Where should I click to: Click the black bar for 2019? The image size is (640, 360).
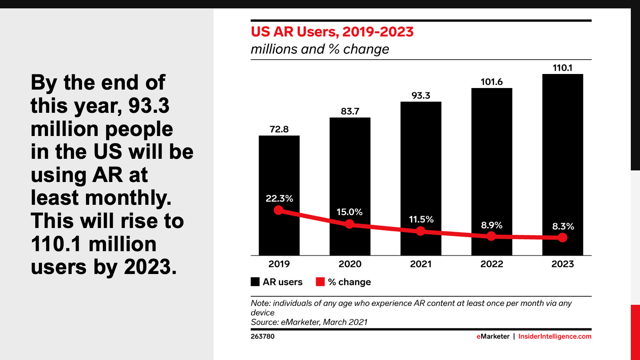(279, 168)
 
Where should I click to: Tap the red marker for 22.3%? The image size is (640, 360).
(279, 210)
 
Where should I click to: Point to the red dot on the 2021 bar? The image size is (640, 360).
(420, 231)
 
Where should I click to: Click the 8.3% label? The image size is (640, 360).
(563, 226)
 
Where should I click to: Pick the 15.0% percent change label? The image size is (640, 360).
(349, 212)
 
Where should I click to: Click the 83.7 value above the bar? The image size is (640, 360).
(350, 111)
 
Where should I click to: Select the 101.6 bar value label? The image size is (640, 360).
(492, 82)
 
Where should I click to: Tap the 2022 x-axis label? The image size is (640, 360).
(492, 264)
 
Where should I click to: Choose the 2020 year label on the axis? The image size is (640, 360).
(350, 264)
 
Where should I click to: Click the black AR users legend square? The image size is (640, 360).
(255, 282)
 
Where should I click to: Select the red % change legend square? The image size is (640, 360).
(320, 282)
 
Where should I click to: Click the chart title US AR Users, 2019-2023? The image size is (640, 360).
(332, 32)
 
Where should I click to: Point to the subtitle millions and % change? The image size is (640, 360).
(320, 49)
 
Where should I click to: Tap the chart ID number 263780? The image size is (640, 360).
(262, 336)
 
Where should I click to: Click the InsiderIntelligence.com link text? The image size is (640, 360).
(554, 336)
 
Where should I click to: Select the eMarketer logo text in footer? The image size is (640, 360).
(493, 336)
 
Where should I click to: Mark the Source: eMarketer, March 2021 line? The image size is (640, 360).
(309, 322)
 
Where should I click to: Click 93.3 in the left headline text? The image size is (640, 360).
(149, 106)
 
